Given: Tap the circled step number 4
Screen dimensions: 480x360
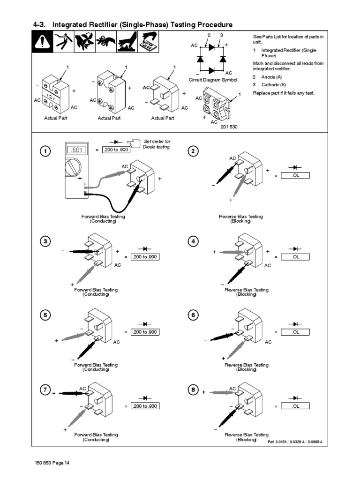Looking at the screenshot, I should [x=193, y=241].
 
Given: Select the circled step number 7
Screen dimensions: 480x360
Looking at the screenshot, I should [x=45, y=390].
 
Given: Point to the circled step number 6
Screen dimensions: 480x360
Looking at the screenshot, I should [x=193, y=315].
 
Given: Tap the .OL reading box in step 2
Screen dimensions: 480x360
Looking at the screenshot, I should [x=296, y=175].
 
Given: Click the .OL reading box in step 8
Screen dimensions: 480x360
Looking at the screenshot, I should [x=296, y=406].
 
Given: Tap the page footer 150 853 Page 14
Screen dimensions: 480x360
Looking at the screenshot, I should [x=52, y=464].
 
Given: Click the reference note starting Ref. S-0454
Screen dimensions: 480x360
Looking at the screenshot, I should [x=298, y=442].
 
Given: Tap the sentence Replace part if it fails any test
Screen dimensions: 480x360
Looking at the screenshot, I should [x=284, y=93].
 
